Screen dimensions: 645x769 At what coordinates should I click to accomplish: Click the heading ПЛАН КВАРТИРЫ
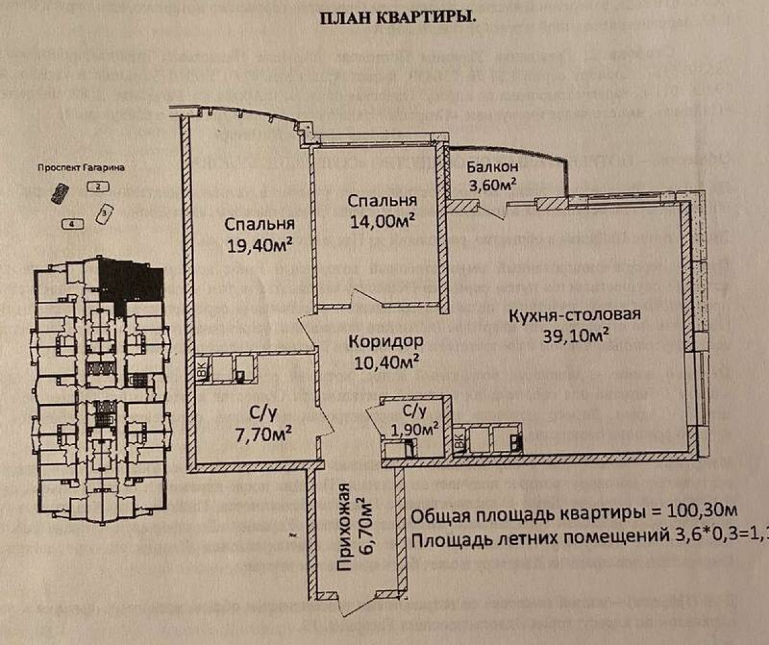point(398,17)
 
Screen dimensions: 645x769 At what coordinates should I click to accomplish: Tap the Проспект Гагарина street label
point(80,168)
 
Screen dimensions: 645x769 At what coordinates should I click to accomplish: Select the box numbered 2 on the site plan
point(97,188)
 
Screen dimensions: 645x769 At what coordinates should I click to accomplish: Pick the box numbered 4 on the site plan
point(73,224)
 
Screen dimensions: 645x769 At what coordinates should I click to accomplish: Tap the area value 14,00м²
point(382,219)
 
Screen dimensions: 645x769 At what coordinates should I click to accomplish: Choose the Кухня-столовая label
point(574,315)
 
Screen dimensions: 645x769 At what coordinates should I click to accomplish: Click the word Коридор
point(386,341)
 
